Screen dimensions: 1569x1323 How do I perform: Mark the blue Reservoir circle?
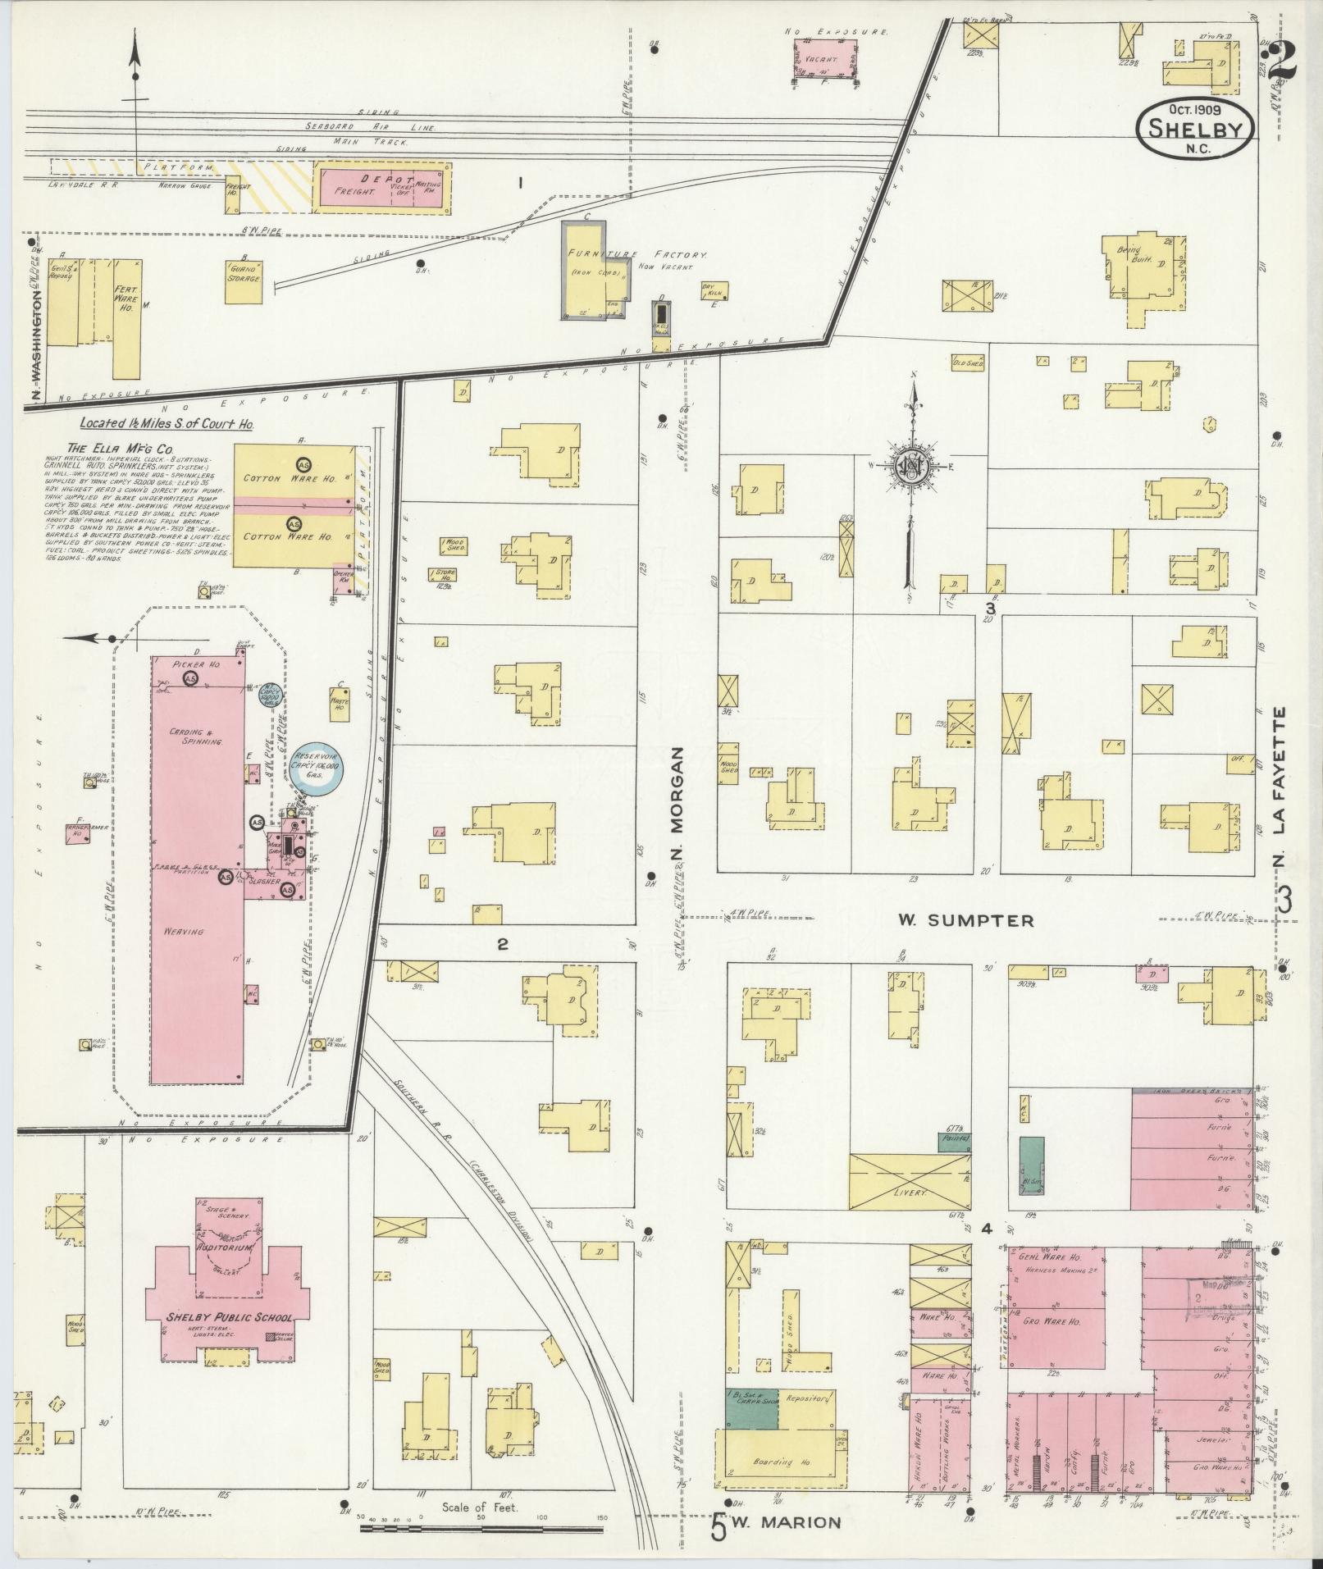318,769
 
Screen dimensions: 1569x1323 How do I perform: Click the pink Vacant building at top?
825,58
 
